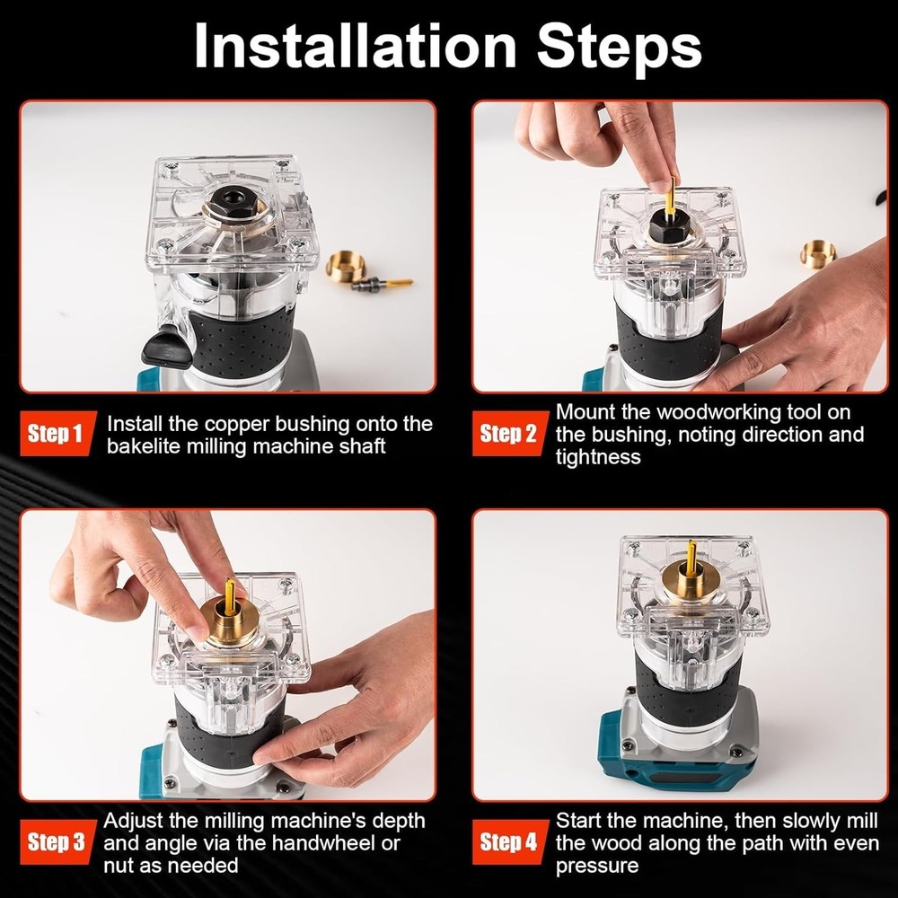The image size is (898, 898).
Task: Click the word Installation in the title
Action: click(355, 47)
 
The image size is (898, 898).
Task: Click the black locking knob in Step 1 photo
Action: click(167, 346)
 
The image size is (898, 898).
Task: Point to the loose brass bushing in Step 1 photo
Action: click(346, 266)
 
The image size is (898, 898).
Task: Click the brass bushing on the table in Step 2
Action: click(818, 254)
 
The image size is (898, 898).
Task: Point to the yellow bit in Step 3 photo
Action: click(230, 595)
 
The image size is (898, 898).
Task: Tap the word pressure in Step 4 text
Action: click(597, 866)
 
